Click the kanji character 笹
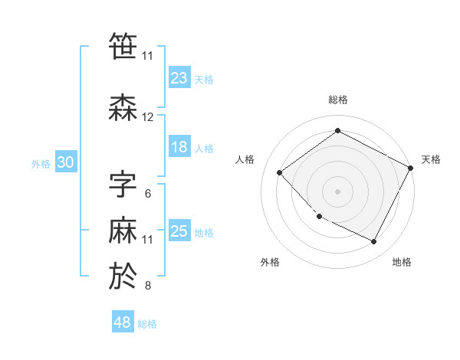point(123,47)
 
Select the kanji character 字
point(123,184)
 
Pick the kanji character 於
point(123,277)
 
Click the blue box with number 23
point(179,78)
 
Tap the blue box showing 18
point(179,147)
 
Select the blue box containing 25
point(179,231)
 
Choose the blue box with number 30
point(65,162)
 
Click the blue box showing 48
point(123,322)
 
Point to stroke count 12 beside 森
point(148,117)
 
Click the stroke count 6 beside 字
point(148,193)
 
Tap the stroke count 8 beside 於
point(148,286)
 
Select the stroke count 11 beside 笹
point(148,55)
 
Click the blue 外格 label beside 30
point(40,164)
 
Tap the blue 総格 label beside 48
point(147,324)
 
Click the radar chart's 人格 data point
point(280,172)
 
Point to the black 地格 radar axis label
point(402,263)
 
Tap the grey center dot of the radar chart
point(337,191)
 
